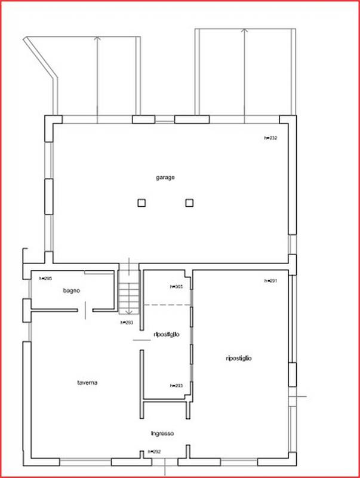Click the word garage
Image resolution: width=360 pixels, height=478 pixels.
[x=165, y=177]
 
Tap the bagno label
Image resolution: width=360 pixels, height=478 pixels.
[x=72, y=290]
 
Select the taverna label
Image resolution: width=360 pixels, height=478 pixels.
[x=87, y=382]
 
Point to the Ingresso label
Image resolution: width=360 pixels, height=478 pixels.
[x=162, y=433]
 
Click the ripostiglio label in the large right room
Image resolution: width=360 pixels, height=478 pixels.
[x=239, y=358]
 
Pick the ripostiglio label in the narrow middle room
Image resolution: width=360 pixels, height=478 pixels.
[x=167, y=335]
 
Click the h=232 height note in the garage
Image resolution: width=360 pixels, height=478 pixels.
[x=271, y=138]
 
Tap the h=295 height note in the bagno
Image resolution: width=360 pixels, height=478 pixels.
[x=45, y=279]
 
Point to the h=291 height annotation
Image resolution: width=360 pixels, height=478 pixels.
[x=271, y=281]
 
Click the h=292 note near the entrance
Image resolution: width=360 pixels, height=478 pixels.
[x=154, y=452]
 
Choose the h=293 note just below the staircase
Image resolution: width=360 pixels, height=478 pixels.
[x=126, y=323]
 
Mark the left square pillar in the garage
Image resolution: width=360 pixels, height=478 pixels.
[x=141, y=203]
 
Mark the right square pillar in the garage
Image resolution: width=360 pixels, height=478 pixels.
[x=189, y=203]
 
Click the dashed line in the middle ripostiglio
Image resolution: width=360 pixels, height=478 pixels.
[x=167, y=305]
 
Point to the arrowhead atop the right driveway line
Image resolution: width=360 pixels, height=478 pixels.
[x=245, y=30]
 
